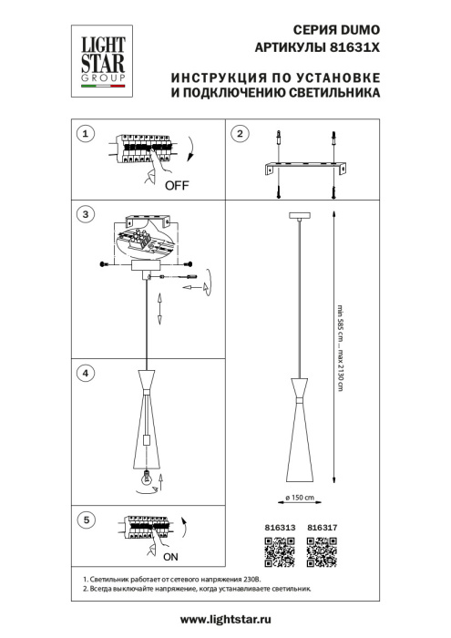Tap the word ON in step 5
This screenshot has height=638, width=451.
(x=170, y=555)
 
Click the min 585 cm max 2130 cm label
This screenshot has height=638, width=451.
(x=341, y=347)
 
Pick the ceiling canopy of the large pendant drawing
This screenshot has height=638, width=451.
(x=298, y=216)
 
